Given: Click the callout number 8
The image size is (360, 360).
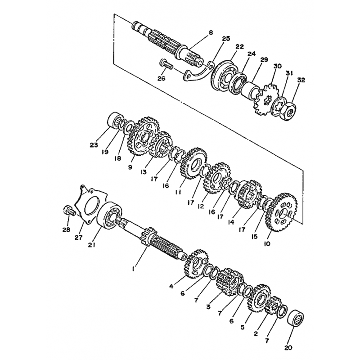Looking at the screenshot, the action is [x=211, y=32].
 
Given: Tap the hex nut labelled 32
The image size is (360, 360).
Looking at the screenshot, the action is [x=288, y=110].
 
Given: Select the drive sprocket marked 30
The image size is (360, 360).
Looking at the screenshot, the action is [x=265, y=99].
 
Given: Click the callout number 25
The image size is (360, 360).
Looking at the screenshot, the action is [x=226, y=39].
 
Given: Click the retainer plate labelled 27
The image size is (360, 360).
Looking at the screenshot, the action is [x=91, y=205].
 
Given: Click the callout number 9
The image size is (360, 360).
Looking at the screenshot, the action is [x=130, y=167].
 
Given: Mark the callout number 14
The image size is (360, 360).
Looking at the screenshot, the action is [x=231, y=222].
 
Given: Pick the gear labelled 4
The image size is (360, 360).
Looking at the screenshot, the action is [x=197, y=264].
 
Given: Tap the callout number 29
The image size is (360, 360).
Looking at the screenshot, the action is [x=264, y=60].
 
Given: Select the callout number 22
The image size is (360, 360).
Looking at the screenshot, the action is [x=239, y=46].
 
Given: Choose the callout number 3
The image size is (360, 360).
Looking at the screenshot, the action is [x=208, y=306].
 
